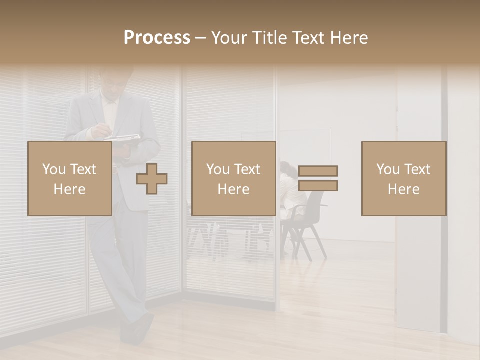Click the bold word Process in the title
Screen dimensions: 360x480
tap(157, 38)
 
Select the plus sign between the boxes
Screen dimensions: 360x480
tap(152, 178)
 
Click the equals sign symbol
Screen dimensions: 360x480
tap(318, 178)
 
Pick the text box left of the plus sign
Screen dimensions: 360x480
tap(69, 178)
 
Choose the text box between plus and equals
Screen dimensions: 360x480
tap(233, 178)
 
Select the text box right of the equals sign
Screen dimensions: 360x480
tap(403, 178)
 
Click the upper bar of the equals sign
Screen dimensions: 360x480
tap(318, 171)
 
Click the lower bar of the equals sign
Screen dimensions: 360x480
tap(318, 186)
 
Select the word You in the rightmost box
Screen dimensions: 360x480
tap(388, 169)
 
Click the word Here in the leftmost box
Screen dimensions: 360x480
tap(69, 189)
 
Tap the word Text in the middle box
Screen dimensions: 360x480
tap(247, 169)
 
